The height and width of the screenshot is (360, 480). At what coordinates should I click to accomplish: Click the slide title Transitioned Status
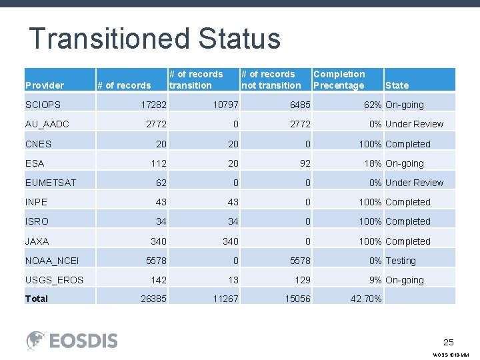click(154, 39)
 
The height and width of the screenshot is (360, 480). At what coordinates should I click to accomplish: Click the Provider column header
click(44, 85)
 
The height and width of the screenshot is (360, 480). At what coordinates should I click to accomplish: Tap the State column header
click(397, 85)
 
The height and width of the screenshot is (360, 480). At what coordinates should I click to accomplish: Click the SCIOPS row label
click(43, 105)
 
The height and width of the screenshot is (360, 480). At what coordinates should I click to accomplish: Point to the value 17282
click(153, 105)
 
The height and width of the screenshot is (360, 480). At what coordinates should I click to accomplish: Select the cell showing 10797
click(225, 105)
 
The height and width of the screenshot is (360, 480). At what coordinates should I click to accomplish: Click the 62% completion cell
click(373, 105)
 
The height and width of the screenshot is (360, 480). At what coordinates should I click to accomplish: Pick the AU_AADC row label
click(47, 124)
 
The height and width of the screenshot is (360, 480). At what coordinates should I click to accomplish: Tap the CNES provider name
click(38, 144)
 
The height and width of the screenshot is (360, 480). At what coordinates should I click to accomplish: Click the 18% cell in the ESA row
click(373, 163)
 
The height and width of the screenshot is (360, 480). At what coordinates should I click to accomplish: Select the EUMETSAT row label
click(50, 183)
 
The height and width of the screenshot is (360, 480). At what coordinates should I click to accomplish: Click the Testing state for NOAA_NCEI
click(400, 261)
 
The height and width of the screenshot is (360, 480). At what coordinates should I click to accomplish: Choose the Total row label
click(37, 299)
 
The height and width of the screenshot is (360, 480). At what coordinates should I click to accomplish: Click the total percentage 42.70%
click(366, 299)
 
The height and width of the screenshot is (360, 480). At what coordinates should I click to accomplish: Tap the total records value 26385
click(153, 299)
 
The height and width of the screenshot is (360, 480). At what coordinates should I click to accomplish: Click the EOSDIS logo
click(72, 340)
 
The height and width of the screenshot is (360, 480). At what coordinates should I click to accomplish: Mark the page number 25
click(449, 342)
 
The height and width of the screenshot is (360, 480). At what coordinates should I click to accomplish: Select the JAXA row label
click(37, 241)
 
